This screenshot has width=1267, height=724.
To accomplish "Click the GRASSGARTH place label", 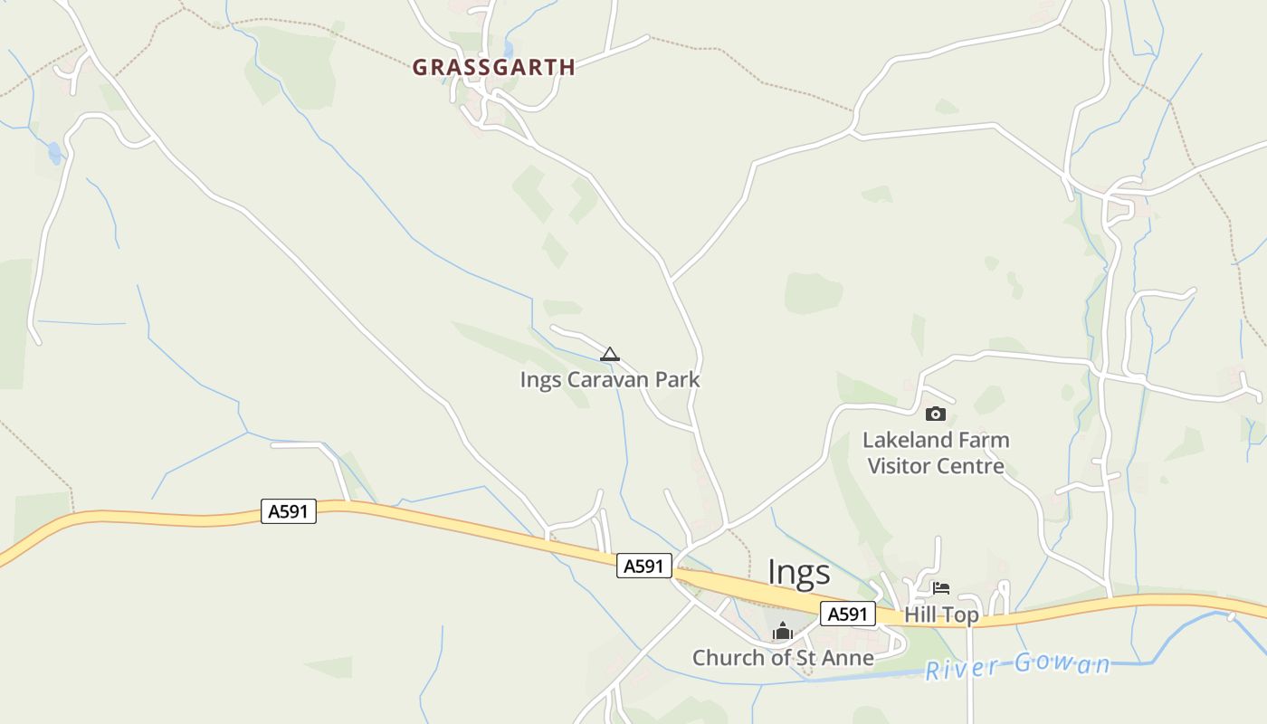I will [493, 67].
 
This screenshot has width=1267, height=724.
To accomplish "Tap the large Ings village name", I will [798, 572].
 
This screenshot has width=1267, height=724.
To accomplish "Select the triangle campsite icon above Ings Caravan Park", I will [610, 354].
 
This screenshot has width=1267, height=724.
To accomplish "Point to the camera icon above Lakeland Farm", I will [936, 414].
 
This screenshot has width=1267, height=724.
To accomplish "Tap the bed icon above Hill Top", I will [941, 588].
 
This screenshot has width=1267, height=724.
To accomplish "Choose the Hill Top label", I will [941, 615].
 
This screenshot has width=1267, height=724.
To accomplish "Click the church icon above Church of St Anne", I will [783, 632].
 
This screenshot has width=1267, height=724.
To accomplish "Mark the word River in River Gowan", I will [963, 670].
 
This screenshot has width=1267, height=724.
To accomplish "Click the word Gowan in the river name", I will [1061, 664].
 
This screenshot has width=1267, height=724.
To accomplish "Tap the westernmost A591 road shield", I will [289, 511].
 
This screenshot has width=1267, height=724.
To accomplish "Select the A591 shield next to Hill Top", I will [848, 614].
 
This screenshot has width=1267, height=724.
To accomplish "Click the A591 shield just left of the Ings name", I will [644, 567].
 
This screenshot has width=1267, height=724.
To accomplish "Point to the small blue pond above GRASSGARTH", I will [509, 50].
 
